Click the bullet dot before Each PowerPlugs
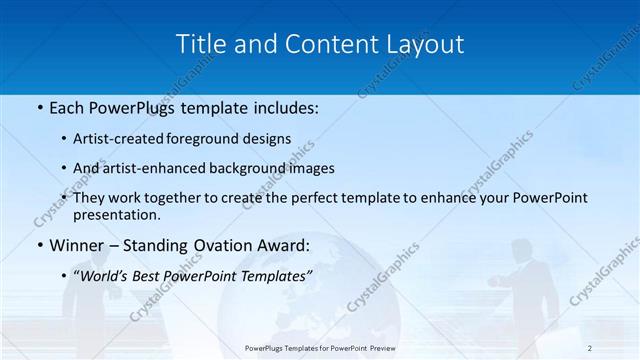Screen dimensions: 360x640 pyautogui.click(x=39, y=108)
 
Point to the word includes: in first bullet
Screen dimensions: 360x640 pyautogui.click(x=285, y=108)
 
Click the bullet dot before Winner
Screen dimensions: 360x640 pyautogui.click(x=39, y=245)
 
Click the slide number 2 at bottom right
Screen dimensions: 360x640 pyautogui.click(x=590, y=348)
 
